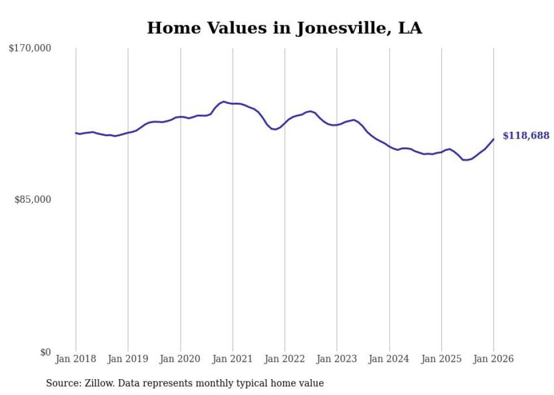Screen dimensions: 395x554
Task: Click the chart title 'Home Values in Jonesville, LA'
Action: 284,28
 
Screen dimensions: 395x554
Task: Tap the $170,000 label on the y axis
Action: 30,49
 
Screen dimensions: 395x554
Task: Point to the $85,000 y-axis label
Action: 32,199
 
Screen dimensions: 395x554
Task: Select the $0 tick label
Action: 45,352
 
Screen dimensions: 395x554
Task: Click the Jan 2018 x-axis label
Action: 76,359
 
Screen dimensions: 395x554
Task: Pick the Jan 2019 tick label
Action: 128,359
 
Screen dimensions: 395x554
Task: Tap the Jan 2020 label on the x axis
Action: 180,359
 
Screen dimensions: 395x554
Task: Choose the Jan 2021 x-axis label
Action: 232,359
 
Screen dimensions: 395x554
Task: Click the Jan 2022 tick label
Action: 284,359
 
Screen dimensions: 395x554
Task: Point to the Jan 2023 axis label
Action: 337,359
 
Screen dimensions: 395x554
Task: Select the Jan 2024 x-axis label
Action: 389,359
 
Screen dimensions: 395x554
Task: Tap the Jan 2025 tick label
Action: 441,359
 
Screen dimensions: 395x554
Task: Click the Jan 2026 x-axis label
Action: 494,359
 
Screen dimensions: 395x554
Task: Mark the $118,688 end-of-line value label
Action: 526,136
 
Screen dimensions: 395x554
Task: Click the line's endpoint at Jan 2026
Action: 494,139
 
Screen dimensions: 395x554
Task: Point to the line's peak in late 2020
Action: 224,102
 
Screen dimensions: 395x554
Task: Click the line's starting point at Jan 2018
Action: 76,133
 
